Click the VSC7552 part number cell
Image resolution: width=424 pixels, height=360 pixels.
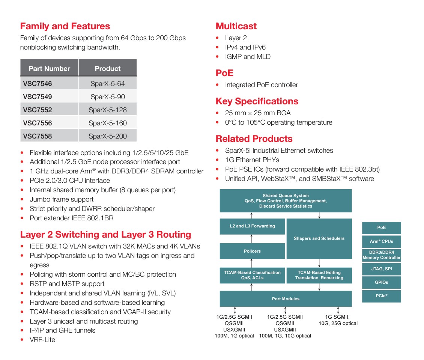49,110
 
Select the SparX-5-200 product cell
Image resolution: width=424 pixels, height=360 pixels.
108,136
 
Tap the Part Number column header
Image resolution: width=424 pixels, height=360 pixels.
49,68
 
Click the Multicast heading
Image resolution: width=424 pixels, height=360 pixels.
236,26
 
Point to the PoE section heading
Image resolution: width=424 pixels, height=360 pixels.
224,73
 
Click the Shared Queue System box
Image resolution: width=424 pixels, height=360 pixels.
286,201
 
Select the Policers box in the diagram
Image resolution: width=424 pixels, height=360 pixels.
252,251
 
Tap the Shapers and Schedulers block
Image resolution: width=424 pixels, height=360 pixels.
319,238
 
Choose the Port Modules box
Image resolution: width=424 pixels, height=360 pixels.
286,299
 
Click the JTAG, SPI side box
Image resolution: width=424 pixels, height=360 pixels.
381,269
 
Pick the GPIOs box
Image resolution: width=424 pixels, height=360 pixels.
381,282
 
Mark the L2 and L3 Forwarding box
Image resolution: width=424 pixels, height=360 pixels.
252,226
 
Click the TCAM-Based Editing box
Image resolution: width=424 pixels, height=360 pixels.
319,275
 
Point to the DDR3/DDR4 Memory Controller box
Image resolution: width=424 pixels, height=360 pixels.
381,255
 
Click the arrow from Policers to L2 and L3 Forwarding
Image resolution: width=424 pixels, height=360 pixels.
252,238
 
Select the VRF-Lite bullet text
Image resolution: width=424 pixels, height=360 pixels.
42,340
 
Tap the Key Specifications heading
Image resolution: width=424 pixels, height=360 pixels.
257,101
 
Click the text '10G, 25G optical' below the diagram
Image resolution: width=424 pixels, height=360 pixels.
338,323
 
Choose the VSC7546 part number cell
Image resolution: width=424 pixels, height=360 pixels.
49,83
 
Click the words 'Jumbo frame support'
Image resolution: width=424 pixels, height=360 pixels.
62,199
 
